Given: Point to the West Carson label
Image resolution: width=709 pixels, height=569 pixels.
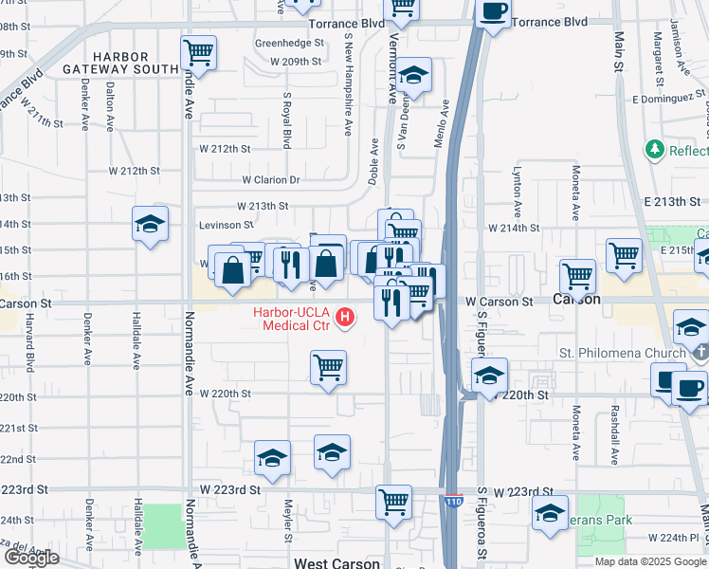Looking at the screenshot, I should pos(336,562).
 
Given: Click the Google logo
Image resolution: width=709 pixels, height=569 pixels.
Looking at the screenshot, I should pos(31,558).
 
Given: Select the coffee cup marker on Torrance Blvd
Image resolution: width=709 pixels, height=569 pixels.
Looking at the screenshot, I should pos(493,12).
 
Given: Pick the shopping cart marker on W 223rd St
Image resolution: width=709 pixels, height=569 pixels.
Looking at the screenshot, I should pos(393,500).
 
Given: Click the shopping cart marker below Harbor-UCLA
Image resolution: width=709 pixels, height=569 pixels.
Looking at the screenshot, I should pos(328,367).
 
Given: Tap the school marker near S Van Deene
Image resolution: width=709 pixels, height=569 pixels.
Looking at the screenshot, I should pos(412,75).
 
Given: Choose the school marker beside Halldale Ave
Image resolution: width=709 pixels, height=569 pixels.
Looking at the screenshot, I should pos(150,223).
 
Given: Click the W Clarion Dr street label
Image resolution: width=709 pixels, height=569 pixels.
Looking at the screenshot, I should pos(270,180).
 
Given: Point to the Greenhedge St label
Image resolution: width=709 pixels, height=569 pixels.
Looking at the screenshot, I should pos(289,44).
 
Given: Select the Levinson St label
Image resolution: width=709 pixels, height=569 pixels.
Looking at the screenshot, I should pos(226,226).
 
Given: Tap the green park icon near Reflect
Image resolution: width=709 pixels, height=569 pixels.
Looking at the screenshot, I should pos(654,150).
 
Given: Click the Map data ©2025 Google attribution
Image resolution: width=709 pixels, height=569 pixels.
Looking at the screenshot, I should pos(650,561).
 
